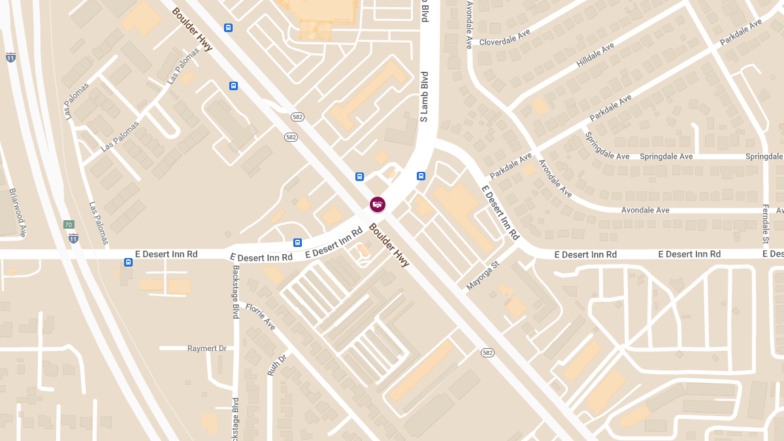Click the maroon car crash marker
click(378, 204)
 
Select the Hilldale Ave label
click(595, 56)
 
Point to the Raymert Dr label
click(206, 348)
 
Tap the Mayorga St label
click(483, 276)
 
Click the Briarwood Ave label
click(18, 212)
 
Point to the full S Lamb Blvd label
click(424, 97)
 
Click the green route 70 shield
click(69, 225)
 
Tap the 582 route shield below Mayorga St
click(487, 353)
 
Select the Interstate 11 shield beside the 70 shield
click(73, 237)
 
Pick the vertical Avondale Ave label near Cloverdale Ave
click(469, 25)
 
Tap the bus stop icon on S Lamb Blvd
click(421, 176)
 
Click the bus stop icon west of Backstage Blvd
click(128, 262)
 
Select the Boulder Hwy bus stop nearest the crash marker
click(359, 176)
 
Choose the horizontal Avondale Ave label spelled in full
click(645, 210)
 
